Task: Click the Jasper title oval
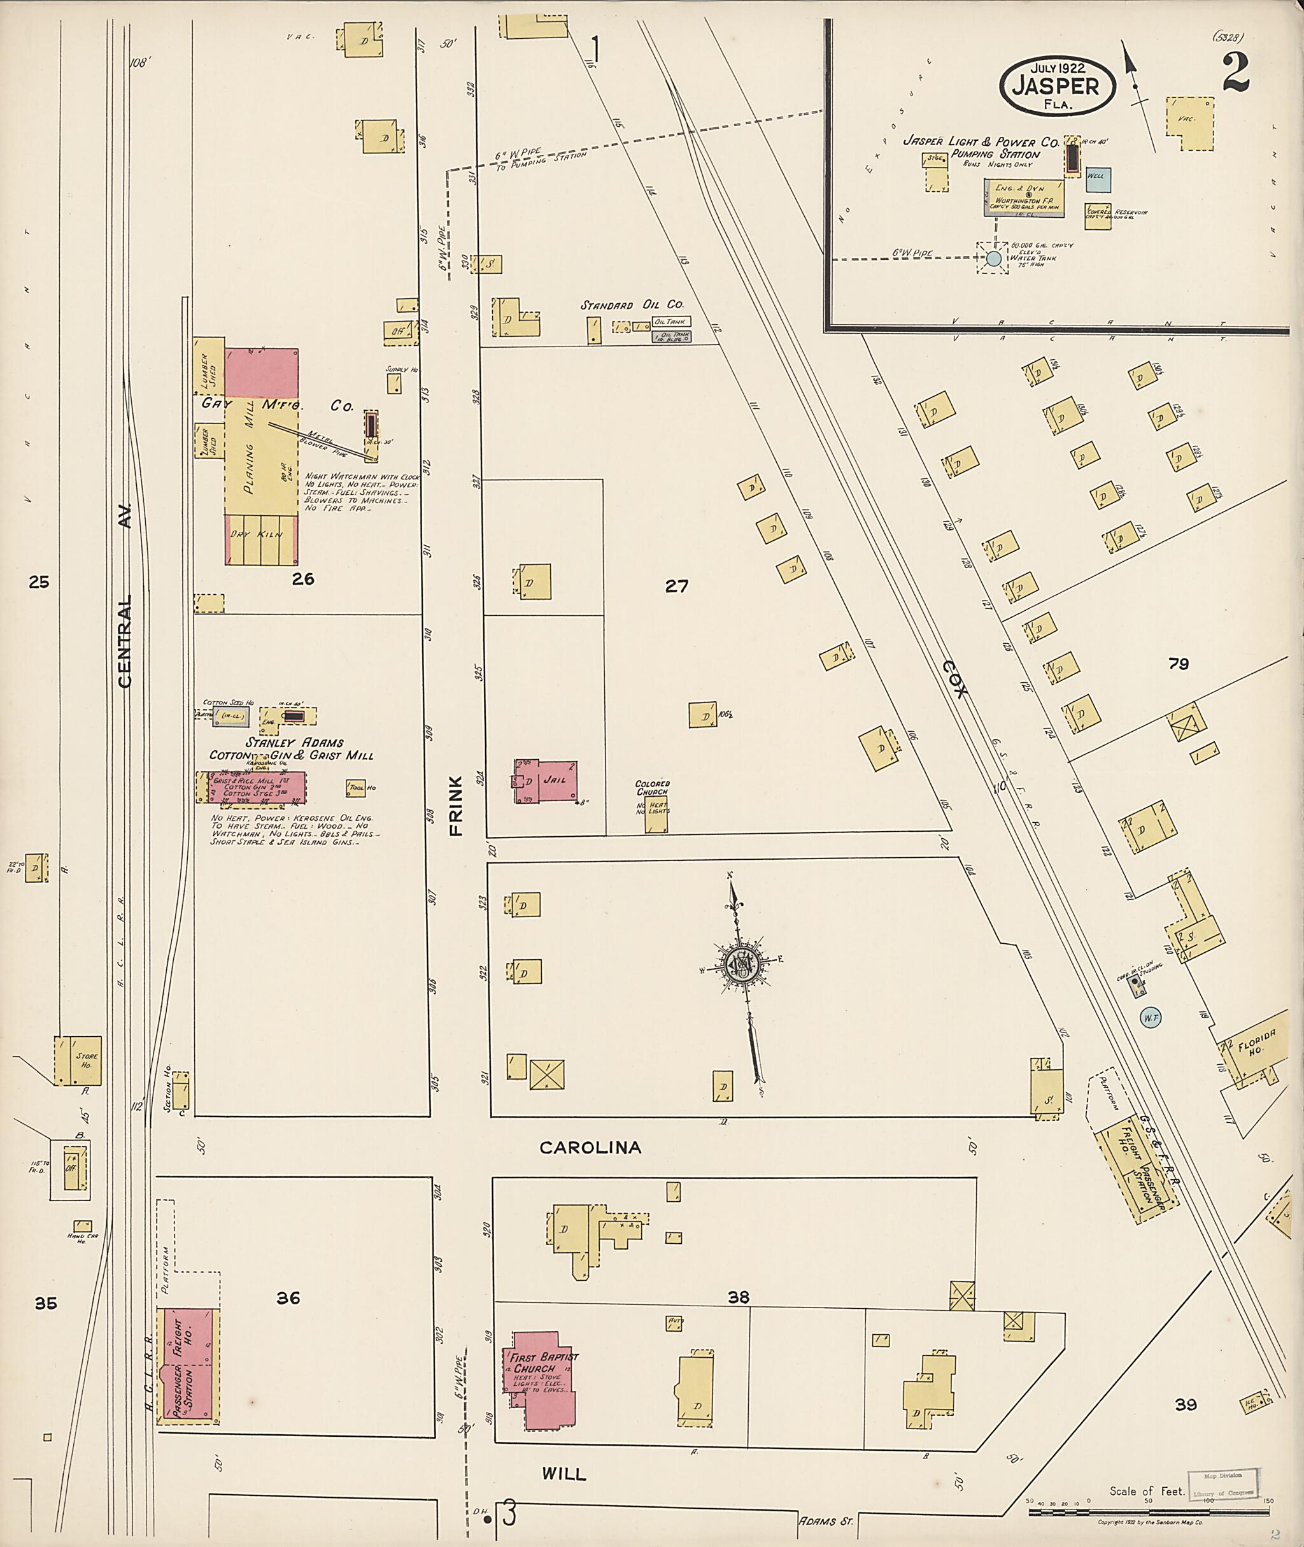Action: point(1056,86)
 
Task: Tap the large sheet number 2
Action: point(1235,73)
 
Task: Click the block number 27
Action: point(676,587)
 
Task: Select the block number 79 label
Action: point(1179,663)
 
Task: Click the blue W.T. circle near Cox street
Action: point(1151,1018)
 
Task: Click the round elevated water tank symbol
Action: point(993,258)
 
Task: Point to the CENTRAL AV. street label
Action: point(124,595)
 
